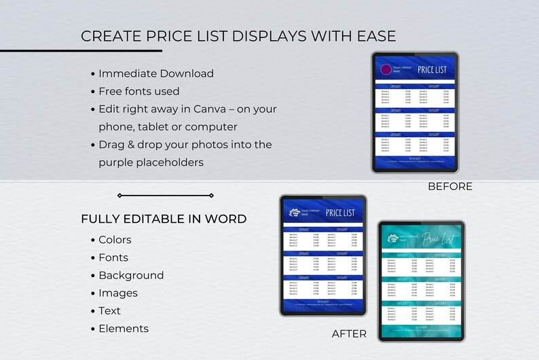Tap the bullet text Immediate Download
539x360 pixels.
155,73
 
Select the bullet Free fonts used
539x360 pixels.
138,91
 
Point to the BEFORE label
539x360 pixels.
449,186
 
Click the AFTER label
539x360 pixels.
349,334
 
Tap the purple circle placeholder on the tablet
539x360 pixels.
386,69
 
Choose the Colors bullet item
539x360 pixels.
115,240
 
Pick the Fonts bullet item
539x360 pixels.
113,257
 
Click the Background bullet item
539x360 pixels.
131,275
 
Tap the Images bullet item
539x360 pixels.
118,293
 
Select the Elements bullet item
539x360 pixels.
124,328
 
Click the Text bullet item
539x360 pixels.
109,310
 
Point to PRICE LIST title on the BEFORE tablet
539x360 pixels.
432,69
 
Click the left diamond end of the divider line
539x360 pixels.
119,196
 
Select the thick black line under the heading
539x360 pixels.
81,50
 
